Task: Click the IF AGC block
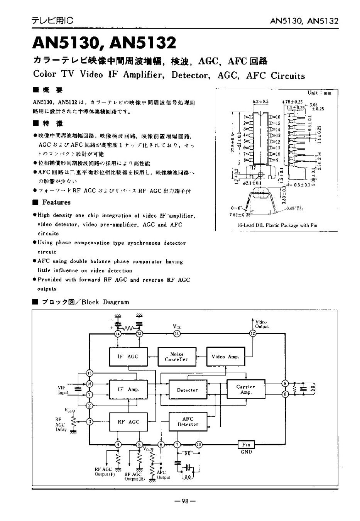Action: point(128,357)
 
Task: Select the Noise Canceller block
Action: point(176,357)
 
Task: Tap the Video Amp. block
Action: point(225,357)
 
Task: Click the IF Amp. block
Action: point(128,390)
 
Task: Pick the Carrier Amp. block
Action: point(246,389)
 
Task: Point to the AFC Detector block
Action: point(188,421)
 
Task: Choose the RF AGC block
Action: point(128,422)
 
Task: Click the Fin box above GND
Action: point(246,445)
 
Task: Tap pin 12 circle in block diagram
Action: point(253,333)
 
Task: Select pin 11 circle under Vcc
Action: point(177,333)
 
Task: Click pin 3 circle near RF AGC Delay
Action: point(90,422)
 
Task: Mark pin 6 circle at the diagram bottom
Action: point(162,445)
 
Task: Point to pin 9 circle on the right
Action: point(285,384)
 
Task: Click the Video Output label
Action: point(261,324)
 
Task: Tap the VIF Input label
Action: point(63,390)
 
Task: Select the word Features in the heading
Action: point(56,202)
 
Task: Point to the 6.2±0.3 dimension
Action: point(260,101)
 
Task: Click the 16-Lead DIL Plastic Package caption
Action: point(277,225)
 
